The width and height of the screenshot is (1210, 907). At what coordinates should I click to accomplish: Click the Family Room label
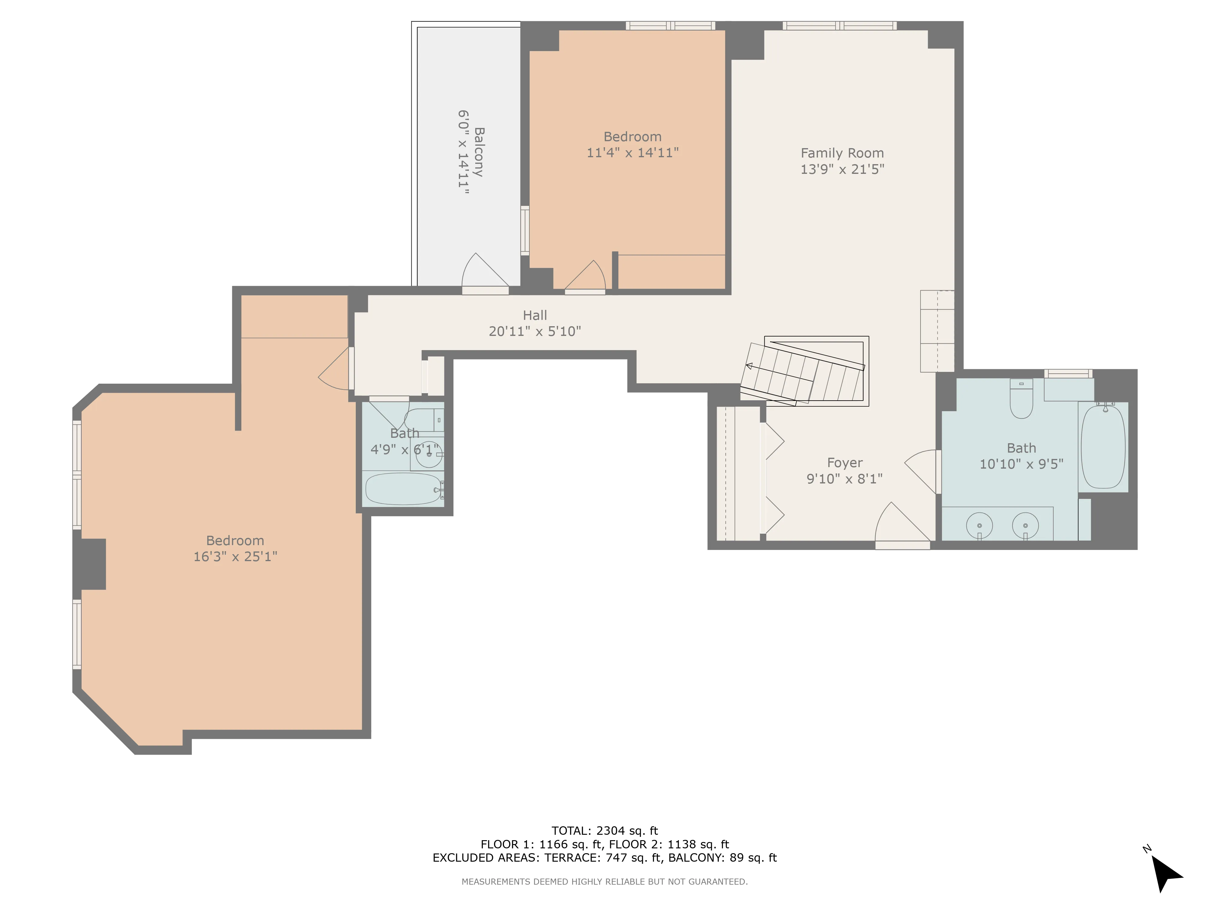[x=842, y=153]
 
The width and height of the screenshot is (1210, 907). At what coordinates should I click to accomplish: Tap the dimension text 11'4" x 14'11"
[x=632, y=153]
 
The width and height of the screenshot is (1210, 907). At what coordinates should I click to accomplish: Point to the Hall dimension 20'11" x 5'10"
[x=535, y=331]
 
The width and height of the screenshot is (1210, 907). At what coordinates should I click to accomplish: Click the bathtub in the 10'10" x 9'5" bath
[x=1103, y=447]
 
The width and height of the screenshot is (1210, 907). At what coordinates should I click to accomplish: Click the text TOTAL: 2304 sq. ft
[x=604, y=831]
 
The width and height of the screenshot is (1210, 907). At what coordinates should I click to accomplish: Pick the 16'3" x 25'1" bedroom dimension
[x=235, y=557]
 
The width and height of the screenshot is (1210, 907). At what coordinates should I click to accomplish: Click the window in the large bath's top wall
[x=1068, y=374]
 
